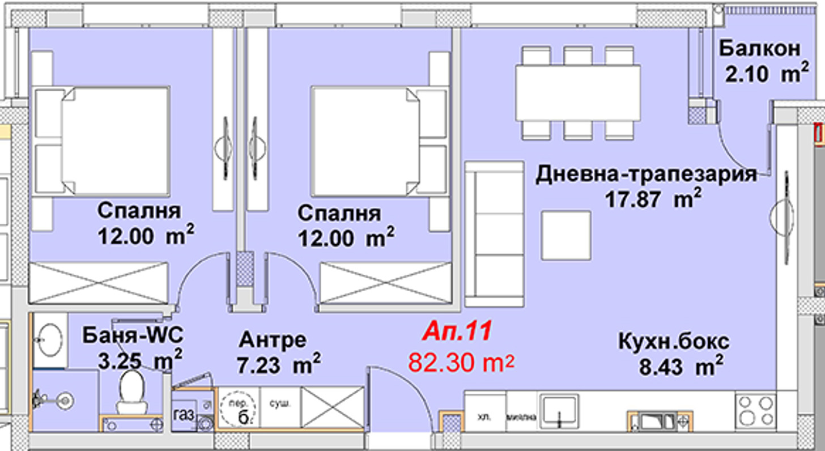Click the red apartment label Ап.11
(x=457, y=331)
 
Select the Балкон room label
(x=760, y=49)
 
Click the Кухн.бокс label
(x=673, y=342)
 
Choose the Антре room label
(x=273, y=340)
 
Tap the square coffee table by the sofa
(x=565, y=235)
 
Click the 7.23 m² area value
(x=280, y=364)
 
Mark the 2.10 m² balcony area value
(x=767, y=73)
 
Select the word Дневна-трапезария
(x=646, y=174)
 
